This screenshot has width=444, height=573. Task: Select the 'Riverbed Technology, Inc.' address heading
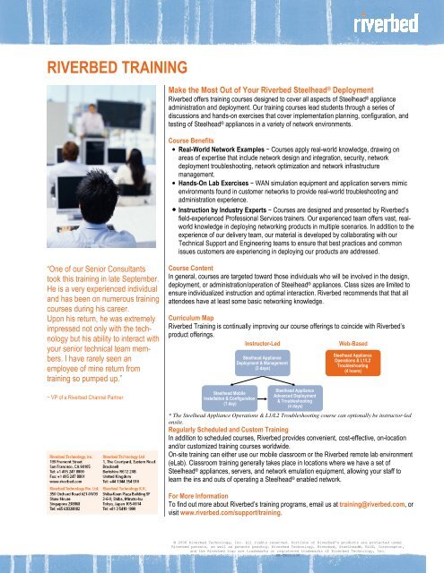click(x=37, y=458)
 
